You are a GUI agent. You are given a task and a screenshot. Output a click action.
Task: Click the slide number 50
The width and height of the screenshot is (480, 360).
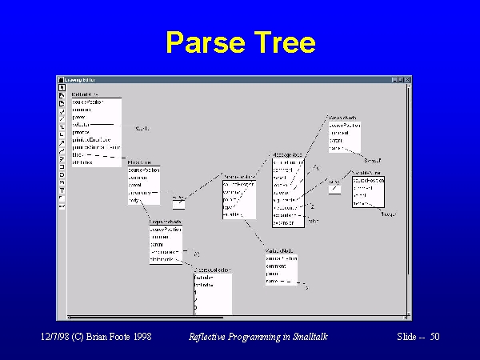[x=434, y=338]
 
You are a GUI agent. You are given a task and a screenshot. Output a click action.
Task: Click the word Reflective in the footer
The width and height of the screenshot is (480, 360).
[x=210, y=338]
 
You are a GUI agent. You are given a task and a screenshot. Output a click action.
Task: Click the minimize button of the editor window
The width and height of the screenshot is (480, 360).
[x=395, y=80]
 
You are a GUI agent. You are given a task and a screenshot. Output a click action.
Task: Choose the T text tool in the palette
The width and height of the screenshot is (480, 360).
[x=62, y=190]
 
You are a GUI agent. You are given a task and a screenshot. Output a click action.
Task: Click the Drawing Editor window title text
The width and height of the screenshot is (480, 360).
[x=79, y=80]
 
